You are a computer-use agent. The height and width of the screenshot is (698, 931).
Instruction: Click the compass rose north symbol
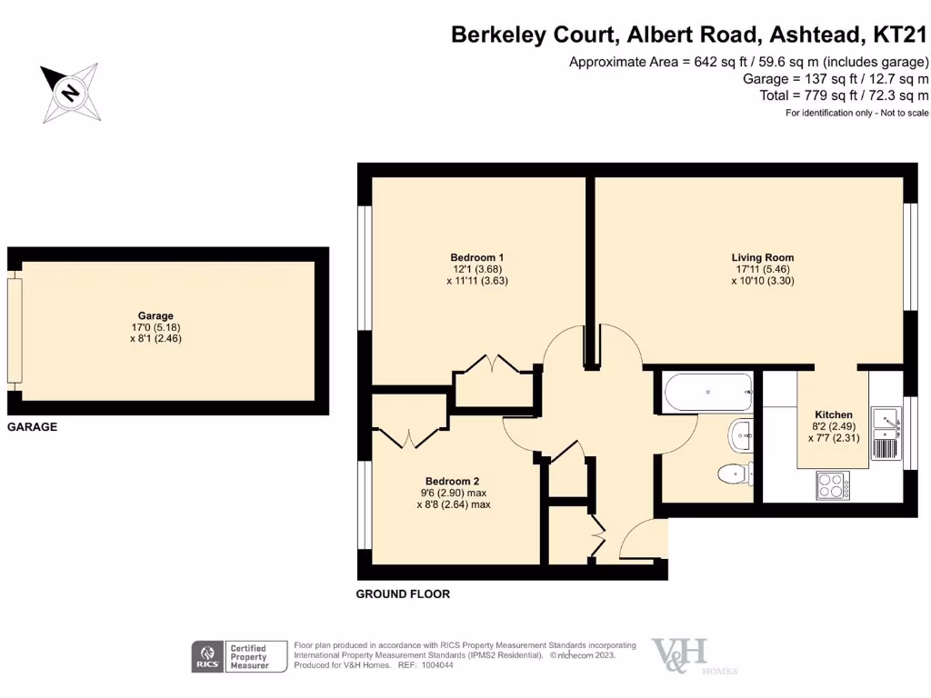(70, 93)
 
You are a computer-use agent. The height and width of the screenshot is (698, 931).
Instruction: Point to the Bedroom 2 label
(452, 482)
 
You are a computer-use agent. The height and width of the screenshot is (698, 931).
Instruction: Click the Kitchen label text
(833, 414)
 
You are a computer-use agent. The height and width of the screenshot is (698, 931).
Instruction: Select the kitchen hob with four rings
(832, 485)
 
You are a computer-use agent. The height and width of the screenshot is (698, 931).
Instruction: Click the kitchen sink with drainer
(885, 433)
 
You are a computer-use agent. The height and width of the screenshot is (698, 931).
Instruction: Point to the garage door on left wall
(14, 330)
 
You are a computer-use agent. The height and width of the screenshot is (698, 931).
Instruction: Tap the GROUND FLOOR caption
(402, 594)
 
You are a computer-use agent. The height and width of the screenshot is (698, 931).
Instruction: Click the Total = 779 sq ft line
(844, 95)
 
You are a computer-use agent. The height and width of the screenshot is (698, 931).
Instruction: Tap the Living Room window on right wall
(909, 255)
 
